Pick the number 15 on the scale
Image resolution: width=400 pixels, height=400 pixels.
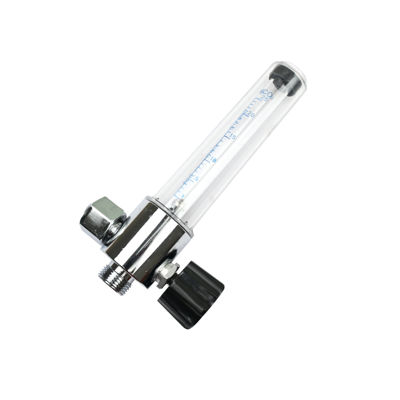tap(232, 137)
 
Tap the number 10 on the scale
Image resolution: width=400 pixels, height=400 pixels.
tap(213, 160)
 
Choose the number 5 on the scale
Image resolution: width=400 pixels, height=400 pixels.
tap(196, 178)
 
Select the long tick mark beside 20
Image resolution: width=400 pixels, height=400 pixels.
tap(246, 113)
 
